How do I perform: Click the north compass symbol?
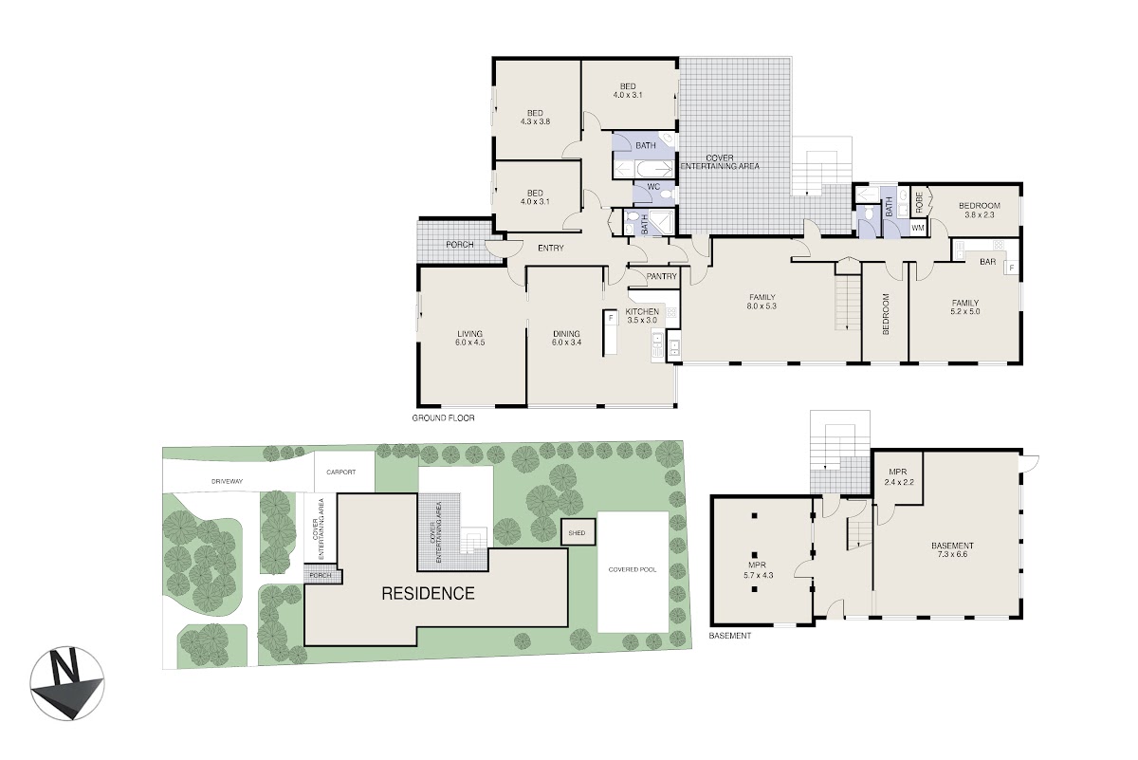(67, 683)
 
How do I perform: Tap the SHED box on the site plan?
(578, 533)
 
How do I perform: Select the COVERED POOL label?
(633, 569)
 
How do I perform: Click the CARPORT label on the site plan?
(340, 473)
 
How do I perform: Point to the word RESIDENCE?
(428, 593)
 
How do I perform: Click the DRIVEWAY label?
(227, 481)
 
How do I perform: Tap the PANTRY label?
(662, 276)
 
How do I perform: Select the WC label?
(653, 187)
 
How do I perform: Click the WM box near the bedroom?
(918, 228)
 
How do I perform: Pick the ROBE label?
(919, 202)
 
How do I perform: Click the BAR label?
(987, 262)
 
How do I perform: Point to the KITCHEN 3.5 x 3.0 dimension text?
(642, 321)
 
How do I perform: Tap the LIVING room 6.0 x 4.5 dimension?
(470, 343)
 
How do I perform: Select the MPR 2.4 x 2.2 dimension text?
(899, 482)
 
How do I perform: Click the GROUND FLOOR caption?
(443, 417)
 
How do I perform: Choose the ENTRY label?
(551, 248)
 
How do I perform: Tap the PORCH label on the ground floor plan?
(460, 245)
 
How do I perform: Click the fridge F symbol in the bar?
(1012, 268)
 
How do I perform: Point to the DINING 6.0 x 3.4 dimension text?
(566, 343)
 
